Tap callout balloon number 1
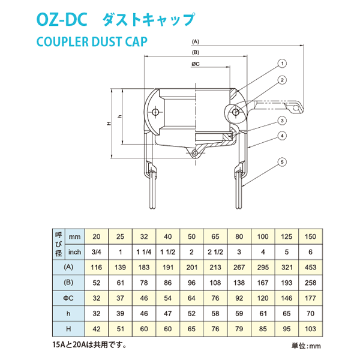pyautogui.click(x=281, y=63)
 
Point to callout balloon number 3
pyautogui.click(x=281, y=121)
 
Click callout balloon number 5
pyautogui.click(x=281, y=161)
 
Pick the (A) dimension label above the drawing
pyautogui.click(x=196, y=42)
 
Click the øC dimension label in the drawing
pyautogui.click(x=196, y=63)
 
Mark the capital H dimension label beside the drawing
pyautogui.click(x=109, y=124)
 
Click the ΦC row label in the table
pyautogui.click(x=68, y=298)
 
